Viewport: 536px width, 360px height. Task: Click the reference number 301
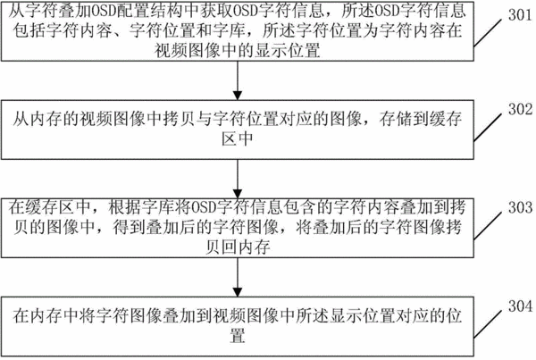[x=520, y=14]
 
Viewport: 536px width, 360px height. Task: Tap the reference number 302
[x=520, y=109]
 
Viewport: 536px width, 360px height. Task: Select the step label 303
[x=520, y=207]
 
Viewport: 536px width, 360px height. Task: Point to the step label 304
[x=520, y=306]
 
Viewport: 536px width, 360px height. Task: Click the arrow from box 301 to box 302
[x=238, y=80]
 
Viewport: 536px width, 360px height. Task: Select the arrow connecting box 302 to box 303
[x=238, y=179]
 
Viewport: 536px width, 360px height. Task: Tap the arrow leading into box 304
[x=238, y=277]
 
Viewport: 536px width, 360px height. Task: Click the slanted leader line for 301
[x=488, y=33]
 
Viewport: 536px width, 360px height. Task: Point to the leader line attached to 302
[x=488, y=127]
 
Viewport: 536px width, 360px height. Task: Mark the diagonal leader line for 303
[x=488, y=226]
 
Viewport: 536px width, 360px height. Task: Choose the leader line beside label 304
[x=488, y=324]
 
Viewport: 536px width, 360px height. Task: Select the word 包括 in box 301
[x=29, y=30]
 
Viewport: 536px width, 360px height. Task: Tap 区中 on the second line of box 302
[x=238, y=138]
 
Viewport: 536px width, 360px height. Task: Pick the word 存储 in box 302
[x=396, y=119]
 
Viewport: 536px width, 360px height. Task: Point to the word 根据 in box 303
[x=125, y=207]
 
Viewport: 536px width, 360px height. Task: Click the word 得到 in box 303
[x=130, y=227]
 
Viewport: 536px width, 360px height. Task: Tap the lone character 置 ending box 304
[x=238, y=336]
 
